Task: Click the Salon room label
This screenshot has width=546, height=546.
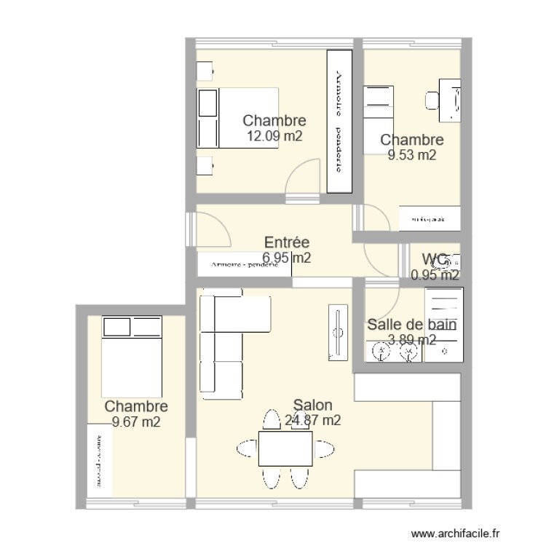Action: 313,405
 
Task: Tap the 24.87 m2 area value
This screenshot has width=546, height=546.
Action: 313,420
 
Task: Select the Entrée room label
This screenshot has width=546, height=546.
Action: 287,243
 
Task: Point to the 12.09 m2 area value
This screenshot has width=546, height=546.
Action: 274,135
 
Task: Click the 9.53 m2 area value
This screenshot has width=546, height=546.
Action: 412,154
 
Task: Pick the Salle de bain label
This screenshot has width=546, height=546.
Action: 412,325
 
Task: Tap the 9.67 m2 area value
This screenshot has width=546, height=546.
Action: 136,422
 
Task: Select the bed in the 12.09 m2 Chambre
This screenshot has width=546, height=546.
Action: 239,118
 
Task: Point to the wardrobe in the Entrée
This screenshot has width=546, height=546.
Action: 244,264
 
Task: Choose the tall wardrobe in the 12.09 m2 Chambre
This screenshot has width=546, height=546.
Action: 339,121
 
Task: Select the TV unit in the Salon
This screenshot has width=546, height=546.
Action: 339,333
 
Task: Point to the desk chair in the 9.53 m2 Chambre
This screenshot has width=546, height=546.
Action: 432,100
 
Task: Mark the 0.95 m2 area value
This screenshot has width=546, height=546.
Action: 435,275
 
